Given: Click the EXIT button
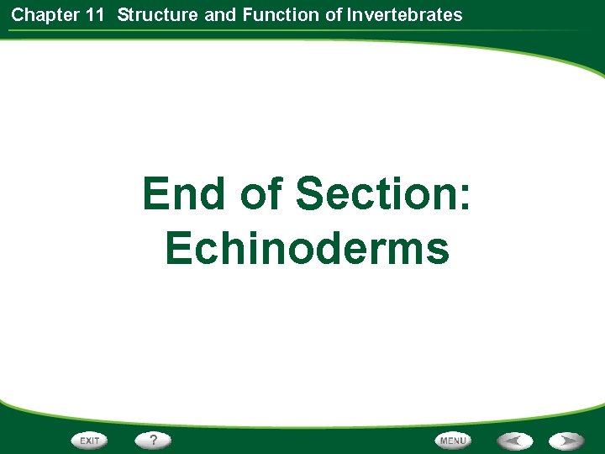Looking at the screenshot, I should tap(90, 440).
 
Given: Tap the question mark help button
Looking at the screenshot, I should tap(154, 440).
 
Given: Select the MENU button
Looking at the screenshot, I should tap(453, 440).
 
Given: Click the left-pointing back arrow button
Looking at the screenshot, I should tap(514, 440).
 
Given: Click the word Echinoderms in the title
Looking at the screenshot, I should tap(307, 249).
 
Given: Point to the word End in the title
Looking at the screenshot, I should tap(185, 193).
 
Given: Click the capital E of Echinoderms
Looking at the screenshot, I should tap(179, 249).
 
